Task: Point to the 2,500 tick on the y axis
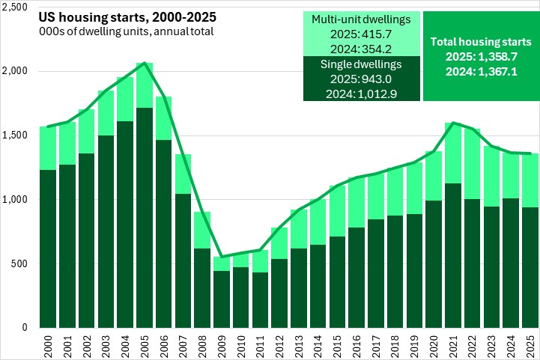[15, 7]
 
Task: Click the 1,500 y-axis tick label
[15, 135]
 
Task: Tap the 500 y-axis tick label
[19, 263]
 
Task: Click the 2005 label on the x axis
[145, 347]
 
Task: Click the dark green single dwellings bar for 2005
[145, 217]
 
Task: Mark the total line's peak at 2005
[145, 64]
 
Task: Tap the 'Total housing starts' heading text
[482, 43]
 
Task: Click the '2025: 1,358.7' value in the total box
[482, 58]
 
